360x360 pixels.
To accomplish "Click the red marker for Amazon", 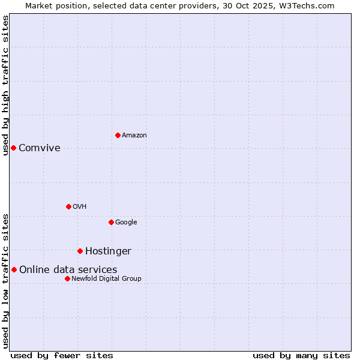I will click(x=118, y=135).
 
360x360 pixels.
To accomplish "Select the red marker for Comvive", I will click(x=13, y=148).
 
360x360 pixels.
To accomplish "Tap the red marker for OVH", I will click(x=68, y=206).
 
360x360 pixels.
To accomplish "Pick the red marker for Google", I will click(x=111, y=222).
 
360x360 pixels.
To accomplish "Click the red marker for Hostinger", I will click(x=80, y=251).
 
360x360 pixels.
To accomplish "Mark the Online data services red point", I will click(x=14, y=269).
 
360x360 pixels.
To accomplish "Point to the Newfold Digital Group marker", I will click(x=67, y=278).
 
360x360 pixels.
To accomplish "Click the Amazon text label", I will click(x=134, y=136).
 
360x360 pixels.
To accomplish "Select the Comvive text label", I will click(x=40, y=148).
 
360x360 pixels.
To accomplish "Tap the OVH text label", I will click(x=80, y=207).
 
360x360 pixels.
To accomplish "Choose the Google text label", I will click(x=126, y=223).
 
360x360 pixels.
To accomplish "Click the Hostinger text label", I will click(x=108, y=251).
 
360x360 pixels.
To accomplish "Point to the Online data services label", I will click(x=68, y=270).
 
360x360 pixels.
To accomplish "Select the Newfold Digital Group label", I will click(x=106, y=279).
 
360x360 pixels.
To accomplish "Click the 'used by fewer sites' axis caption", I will click(x=62, y=355).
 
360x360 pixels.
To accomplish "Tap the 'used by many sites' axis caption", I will click(x=301, y=355).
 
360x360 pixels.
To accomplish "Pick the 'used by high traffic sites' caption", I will click(x=5, y=85).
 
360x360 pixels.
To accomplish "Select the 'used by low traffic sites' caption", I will click(x=5, y=281).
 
